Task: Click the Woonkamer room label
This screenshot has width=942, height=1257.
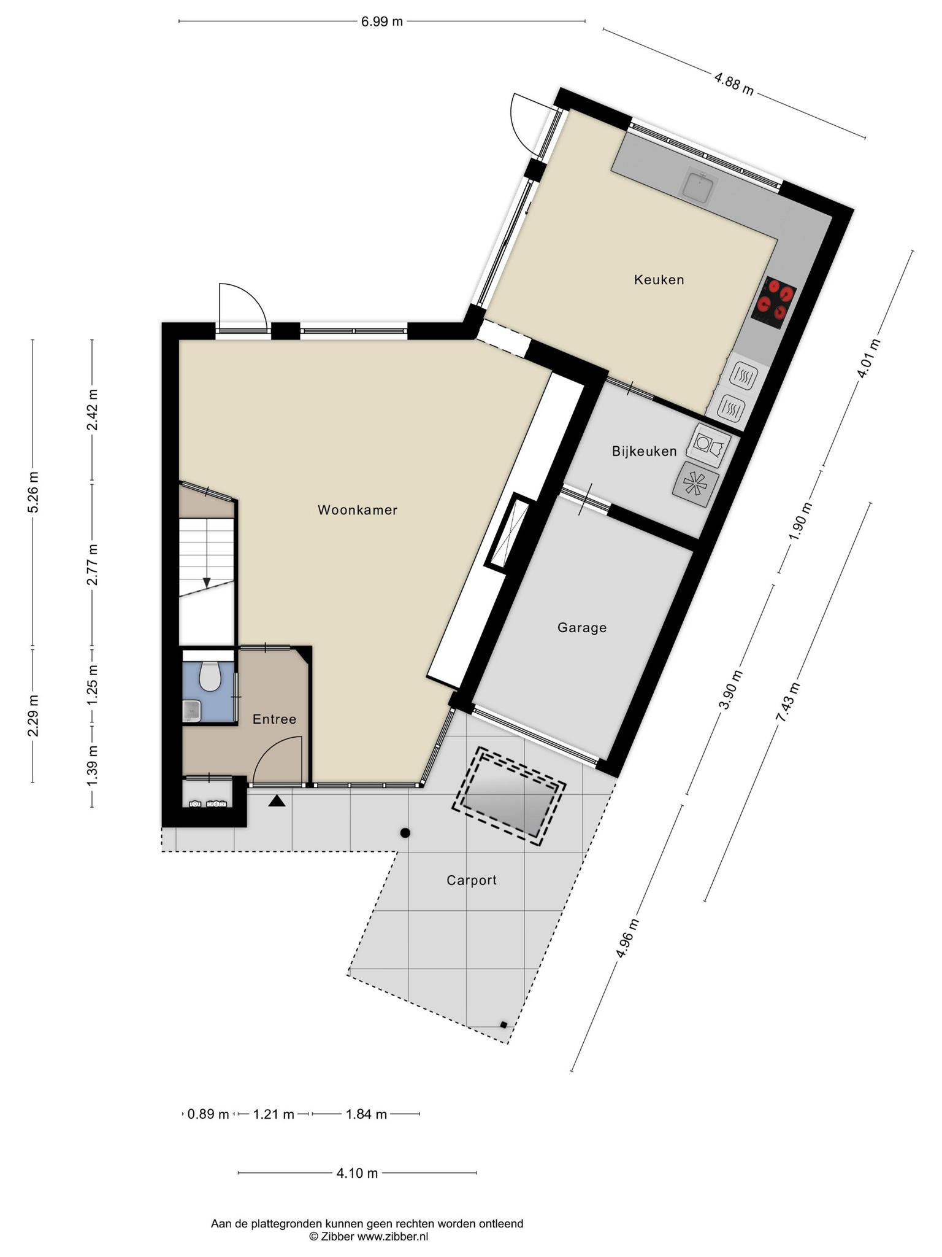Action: coord(358,510)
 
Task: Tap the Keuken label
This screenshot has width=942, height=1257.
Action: coord(659,280)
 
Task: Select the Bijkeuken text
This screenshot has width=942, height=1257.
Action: coord(644,452)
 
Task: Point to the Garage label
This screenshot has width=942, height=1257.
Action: coord(582,628)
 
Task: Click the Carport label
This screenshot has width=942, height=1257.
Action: coord(472,881)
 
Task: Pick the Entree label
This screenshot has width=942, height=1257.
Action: coord(275,719)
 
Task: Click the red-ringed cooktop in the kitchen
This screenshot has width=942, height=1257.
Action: coord(773,303)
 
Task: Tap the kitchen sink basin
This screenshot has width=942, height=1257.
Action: coord(699,185)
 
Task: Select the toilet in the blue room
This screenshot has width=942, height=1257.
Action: coord(210,675)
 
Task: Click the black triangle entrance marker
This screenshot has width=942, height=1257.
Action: coord(277,800)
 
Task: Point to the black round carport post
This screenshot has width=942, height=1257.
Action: coord(405,833)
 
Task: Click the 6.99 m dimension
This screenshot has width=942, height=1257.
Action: coord(381,21)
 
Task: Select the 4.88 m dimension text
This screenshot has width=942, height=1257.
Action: coord(733,84)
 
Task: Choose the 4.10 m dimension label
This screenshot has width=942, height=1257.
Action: coord(357,1174)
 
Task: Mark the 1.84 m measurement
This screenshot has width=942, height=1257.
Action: coord(366,1114)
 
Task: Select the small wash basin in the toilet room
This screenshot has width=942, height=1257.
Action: coord(192,710)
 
